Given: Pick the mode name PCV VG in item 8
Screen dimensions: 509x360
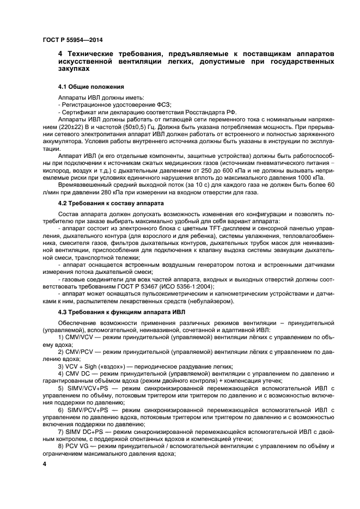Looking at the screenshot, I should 78,445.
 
